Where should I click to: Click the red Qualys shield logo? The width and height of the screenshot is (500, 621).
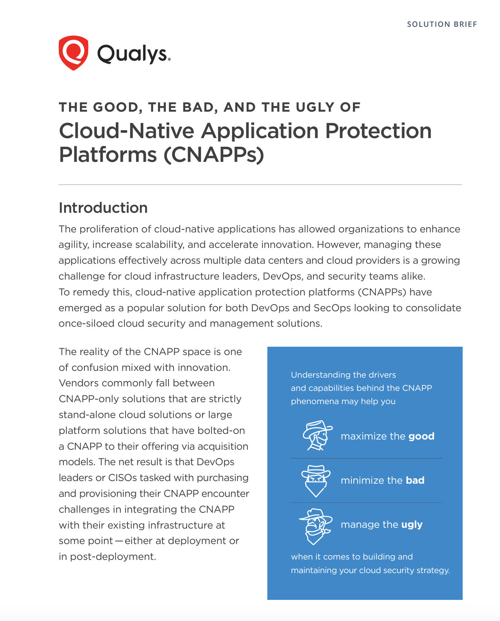pyautogui.click(x=74, y=53)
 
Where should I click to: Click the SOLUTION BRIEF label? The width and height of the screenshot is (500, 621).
pyautogui.click(x=442, y=24)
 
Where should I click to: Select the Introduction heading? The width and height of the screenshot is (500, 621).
pyautogui.click(x=103, y=208)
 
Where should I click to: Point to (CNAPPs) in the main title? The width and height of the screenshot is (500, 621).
pyautogui.click(x=214, y=154)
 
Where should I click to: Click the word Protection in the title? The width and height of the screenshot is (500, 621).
pyautogui.click(x=378, y=131)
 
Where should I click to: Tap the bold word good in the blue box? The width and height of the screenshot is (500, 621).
pyautogui.click(x=421, y=436)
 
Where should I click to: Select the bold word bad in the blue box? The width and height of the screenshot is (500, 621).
pyautogui.click(x=415, y=480)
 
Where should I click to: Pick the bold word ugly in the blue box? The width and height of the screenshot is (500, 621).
pyautogui.click(x=412, y=525)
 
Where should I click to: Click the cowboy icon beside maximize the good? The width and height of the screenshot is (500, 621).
pyautogui.click(x=317, y=436)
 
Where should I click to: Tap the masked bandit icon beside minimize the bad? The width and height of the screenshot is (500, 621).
pyautogui.click(x=316, y=481)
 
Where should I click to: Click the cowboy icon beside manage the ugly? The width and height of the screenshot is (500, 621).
pyautogui.click(x=316, y=526)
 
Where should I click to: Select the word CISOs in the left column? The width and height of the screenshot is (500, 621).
pyautogui.click(x=123, y=478)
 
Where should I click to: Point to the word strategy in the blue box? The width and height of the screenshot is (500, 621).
pyautogui.click(x=433, y=570)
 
